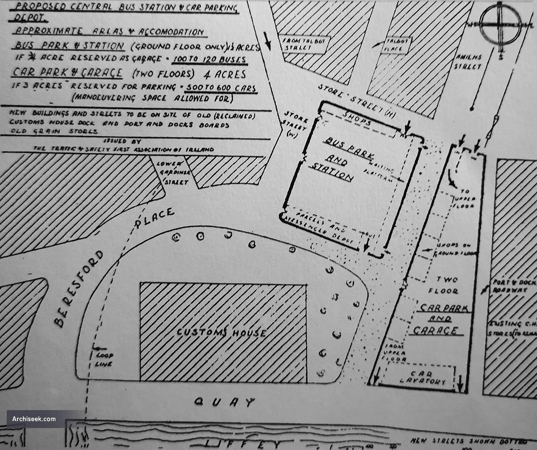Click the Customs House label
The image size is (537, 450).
[222, 333]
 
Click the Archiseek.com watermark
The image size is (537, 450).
[38, 419]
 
